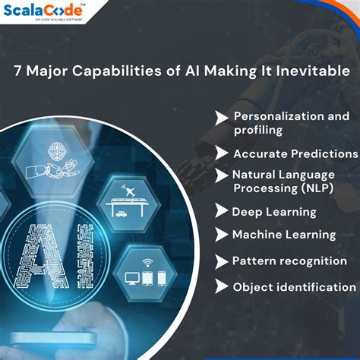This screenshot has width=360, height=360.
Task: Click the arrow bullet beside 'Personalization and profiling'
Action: (221, 117)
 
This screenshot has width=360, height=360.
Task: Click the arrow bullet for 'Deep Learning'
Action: (221, 211)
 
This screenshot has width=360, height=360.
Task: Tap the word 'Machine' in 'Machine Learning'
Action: (257, 235)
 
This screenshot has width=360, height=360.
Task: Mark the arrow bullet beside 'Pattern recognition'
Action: (221, 261)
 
